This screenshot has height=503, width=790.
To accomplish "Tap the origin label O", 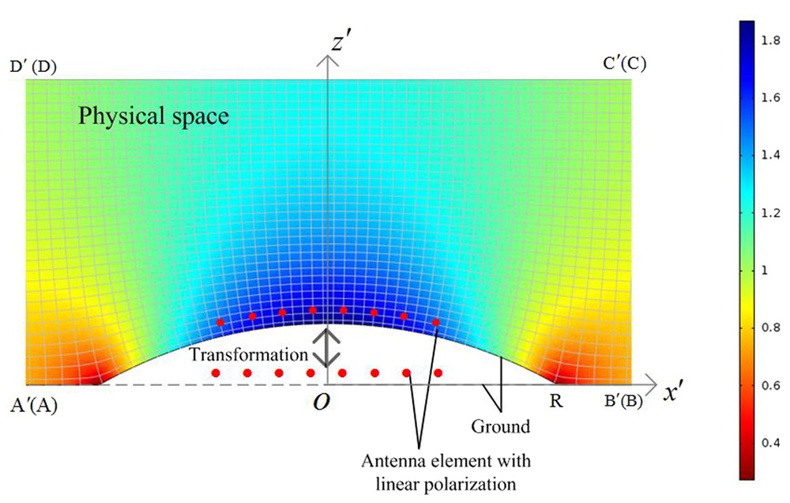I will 321,402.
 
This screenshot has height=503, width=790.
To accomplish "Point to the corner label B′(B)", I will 623,402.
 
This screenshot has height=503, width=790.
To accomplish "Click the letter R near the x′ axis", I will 556,402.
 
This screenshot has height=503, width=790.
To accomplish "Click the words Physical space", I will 153,118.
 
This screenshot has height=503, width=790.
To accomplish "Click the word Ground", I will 501,427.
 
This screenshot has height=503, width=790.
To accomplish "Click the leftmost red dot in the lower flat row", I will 215,373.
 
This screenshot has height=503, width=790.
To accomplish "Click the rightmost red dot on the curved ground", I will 436,323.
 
